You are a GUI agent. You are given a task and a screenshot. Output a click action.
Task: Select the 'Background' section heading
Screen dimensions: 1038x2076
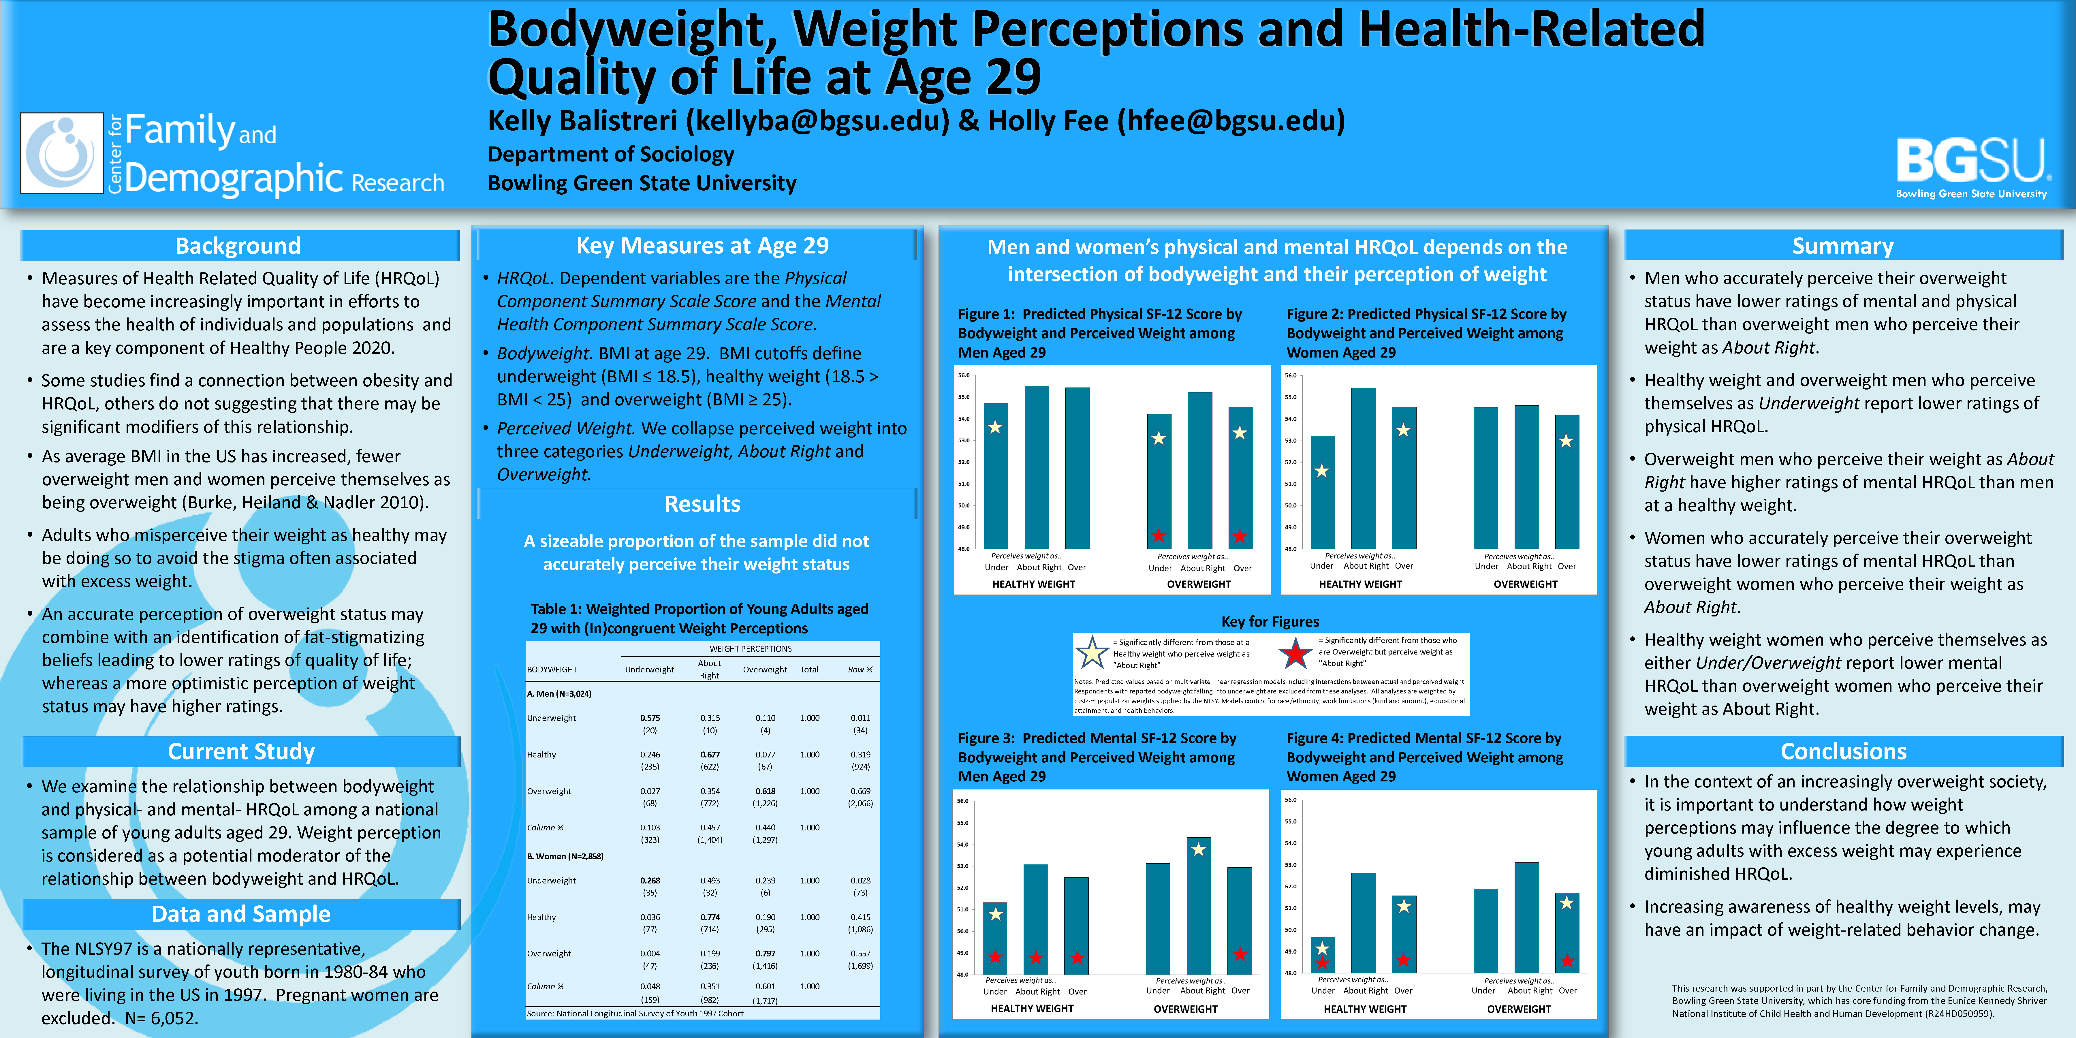[238, 246]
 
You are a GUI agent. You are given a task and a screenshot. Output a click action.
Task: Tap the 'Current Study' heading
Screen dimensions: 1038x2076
[241, 751]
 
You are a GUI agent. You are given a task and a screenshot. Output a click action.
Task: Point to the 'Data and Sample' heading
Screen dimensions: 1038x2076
[241, 914]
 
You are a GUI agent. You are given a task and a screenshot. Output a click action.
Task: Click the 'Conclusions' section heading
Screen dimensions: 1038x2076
[1843, 751]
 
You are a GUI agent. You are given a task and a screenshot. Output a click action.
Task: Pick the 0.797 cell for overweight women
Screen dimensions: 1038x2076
[765, 954]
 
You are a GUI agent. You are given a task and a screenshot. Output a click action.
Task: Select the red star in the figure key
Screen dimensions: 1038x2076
[1295, 653]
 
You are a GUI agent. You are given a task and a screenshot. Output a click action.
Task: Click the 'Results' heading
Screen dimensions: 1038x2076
[702, 505]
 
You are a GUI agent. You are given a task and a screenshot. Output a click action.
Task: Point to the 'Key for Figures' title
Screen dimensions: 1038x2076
[1270, 621]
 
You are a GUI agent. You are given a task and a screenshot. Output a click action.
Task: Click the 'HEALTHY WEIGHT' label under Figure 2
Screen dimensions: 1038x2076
[1360, 584]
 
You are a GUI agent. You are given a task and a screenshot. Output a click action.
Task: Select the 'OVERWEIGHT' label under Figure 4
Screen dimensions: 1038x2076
[1518, 1009]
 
